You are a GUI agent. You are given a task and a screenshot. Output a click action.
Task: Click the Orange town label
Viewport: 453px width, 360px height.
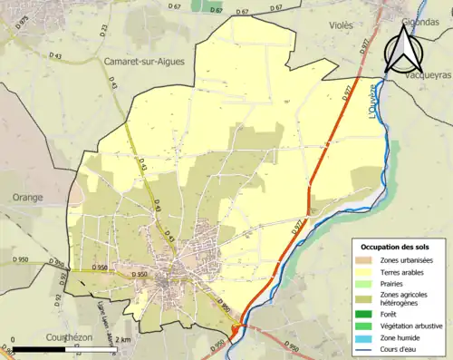point(26,196)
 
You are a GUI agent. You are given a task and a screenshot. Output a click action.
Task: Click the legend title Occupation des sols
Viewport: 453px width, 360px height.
point(395,247)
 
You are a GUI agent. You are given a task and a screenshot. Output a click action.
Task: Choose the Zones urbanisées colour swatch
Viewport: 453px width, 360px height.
point(366,261)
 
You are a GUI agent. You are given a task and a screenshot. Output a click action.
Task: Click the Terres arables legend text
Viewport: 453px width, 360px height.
point(400,272)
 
